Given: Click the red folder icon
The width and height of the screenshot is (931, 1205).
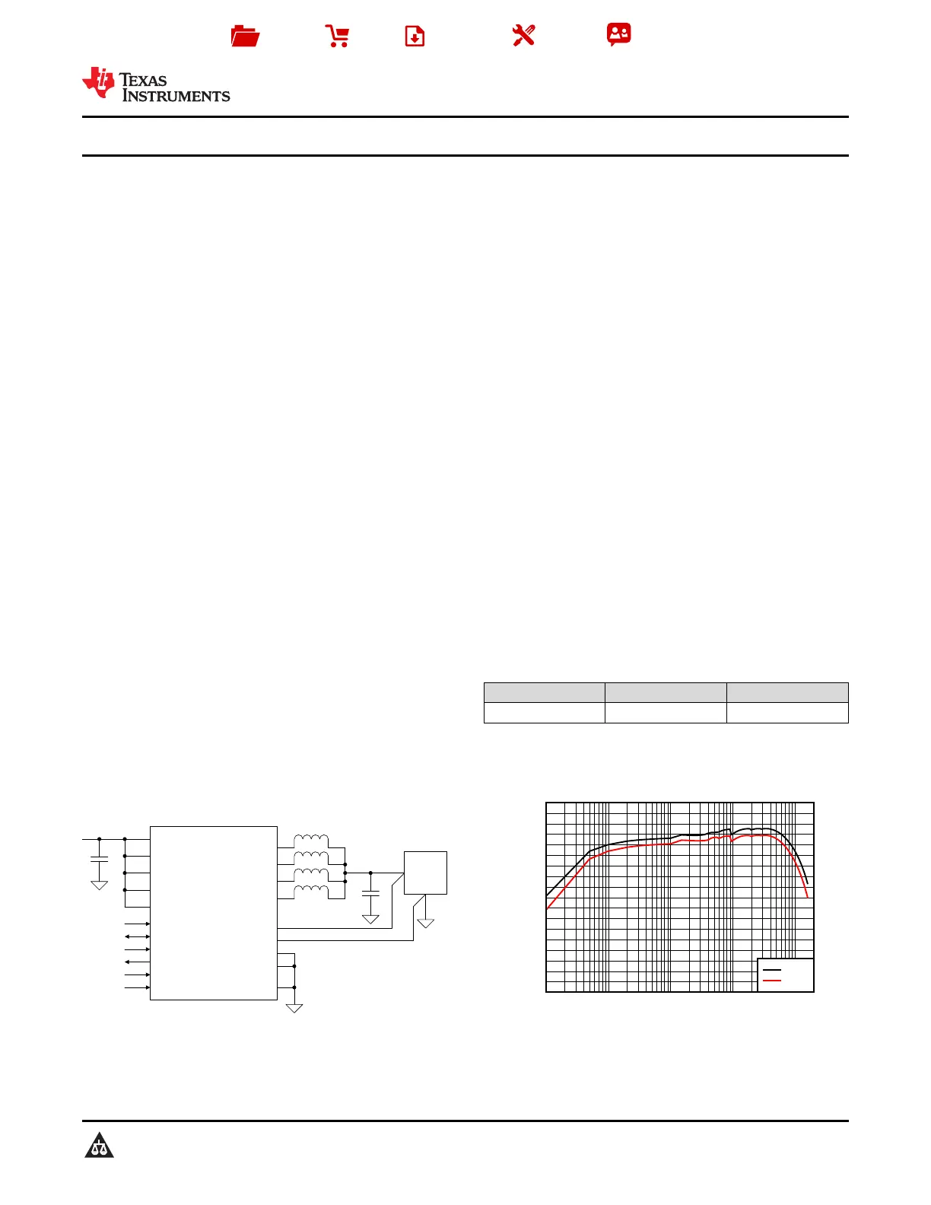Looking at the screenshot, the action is (x=245, y=36).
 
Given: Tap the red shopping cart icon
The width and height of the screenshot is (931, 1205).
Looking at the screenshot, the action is (x=337, y=36).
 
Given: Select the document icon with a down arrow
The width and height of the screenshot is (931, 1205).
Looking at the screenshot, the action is (x=415, y=36).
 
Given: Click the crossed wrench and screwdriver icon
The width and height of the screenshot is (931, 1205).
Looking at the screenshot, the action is (x=523, y=36).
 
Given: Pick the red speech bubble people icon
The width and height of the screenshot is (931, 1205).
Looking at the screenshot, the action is (x=619, y=34).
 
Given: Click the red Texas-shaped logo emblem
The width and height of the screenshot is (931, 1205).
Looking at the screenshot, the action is (x=99, y=83).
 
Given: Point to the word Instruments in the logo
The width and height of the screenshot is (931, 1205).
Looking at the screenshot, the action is (x=176, y=96).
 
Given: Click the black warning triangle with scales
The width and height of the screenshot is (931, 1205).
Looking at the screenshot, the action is (x=99, y=1145).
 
